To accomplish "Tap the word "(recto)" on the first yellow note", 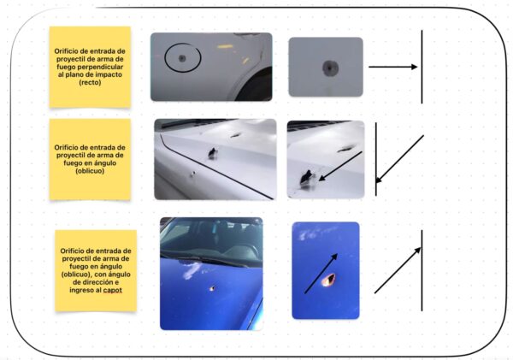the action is [x=90, y=82].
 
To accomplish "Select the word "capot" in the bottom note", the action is [x=113, y=290].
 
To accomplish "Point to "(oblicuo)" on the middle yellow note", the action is [x=90, y=171].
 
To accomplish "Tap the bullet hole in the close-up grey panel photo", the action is [x=330, y=68].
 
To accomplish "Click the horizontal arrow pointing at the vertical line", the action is [x=393, y=67].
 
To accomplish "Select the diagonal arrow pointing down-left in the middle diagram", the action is [x=399, y=159].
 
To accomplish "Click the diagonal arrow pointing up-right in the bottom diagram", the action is [x=398, y=270].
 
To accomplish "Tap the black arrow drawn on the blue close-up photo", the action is [x=321, y=274].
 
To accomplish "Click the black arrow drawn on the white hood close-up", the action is [x=340, y=166].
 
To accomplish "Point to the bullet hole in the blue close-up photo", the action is [x=328, y=280].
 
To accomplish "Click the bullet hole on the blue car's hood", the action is [x=212, y=288].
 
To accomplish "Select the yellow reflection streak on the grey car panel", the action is [x=225, y=46].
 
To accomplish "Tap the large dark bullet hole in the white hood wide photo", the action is [x=213, y=153].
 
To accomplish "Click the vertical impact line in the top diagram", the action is [x=422, y=67].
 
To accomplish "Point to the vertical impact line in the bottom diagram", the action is [x=422, y=270].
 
